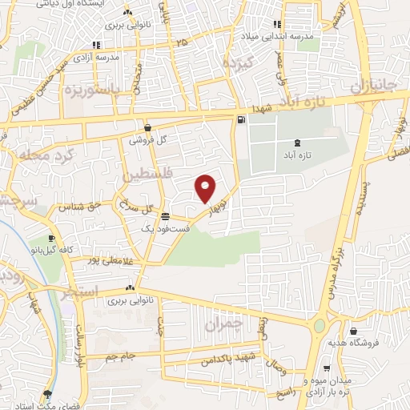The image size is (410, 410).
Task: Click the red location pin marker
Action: (206, 187)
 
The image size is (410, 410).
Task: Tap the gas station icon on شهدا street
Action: (241, 121)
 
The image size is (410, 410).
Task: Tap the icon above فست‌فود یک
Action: (166, 216)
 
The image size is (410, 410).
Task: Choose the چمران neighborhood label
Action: (223, 325)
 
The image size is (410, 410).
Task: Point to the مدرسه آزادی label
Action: (95, 57)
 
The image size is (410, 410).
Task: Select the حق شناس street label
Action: (86, 206)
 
